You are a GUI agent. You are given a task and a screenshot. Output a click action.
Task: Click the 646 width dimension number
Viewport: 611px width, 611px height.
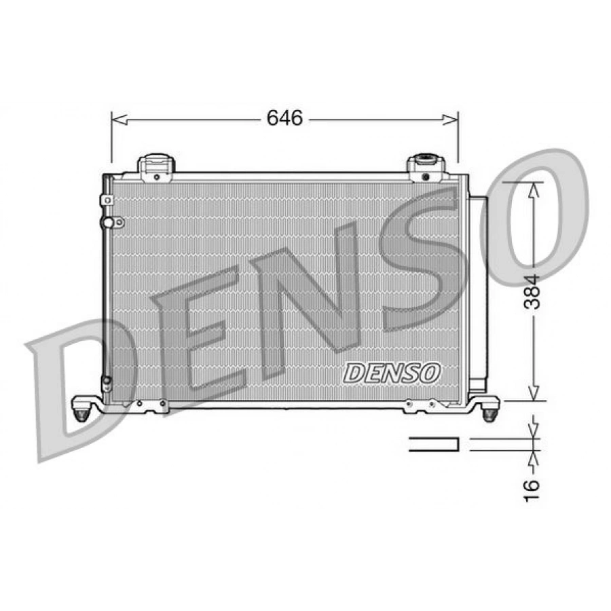[x=284, y=119]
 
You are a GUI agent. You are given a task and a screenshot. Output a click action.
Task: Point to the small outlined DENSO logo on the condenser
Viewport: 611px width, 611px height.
[x=392, y=372]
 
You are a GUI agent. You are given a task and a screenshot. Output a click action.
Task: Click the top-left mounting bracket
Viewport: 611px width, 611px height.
[x=156, y=167]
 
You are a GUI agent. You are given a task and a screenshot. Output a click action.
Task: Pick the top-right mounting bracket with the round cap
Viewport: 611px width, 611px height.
[x=425, y=167]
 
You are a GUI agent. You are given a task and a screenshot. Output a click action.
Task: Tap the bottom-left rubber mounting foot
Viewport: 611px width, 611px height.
[x=81, y=413]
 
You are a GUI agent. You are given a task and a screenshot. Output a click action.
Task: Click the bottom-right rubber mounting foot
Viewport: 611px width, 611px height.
[x=489, y=413]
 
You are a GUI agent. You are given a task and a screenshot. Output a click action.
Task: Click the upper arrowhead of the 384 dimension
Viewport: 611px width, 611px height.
[x=534, y=189]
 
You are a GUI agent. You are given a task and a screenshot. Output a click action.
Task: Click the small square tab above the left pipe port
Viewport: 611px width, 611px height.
[x=107, y=200]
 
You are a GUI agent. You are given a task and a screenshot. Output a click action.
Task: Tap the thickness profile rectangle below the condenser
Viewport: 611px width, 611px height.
[x=433, y=444]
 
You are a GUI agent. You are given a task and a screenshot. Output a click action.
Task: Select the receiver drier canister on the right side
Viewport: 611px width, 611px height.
[x=478, y=292]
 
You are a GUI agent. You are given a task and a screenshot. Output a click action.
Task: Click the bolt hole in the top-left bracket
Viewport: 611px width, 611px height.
[x=156, y=177]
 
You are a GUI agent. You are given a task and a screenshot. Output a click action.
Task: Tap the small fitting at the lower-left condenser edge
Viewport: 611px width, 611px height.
[x=106, y=384]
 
